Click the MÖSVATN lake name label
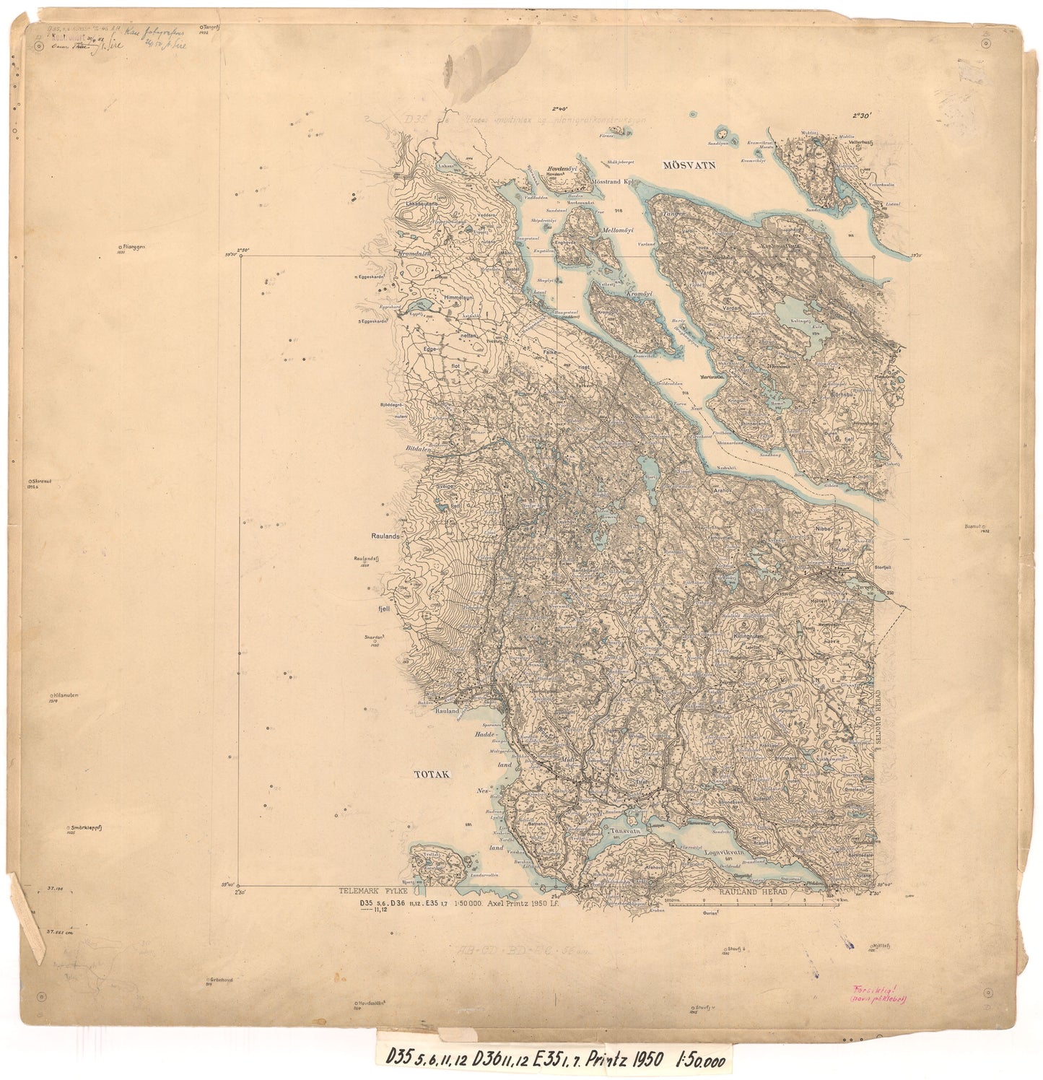[689, 165]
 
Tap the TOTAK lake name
[432, 775]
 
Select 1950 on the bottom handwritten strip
[647, 1060]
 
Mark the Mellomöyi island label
[616, 230]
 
